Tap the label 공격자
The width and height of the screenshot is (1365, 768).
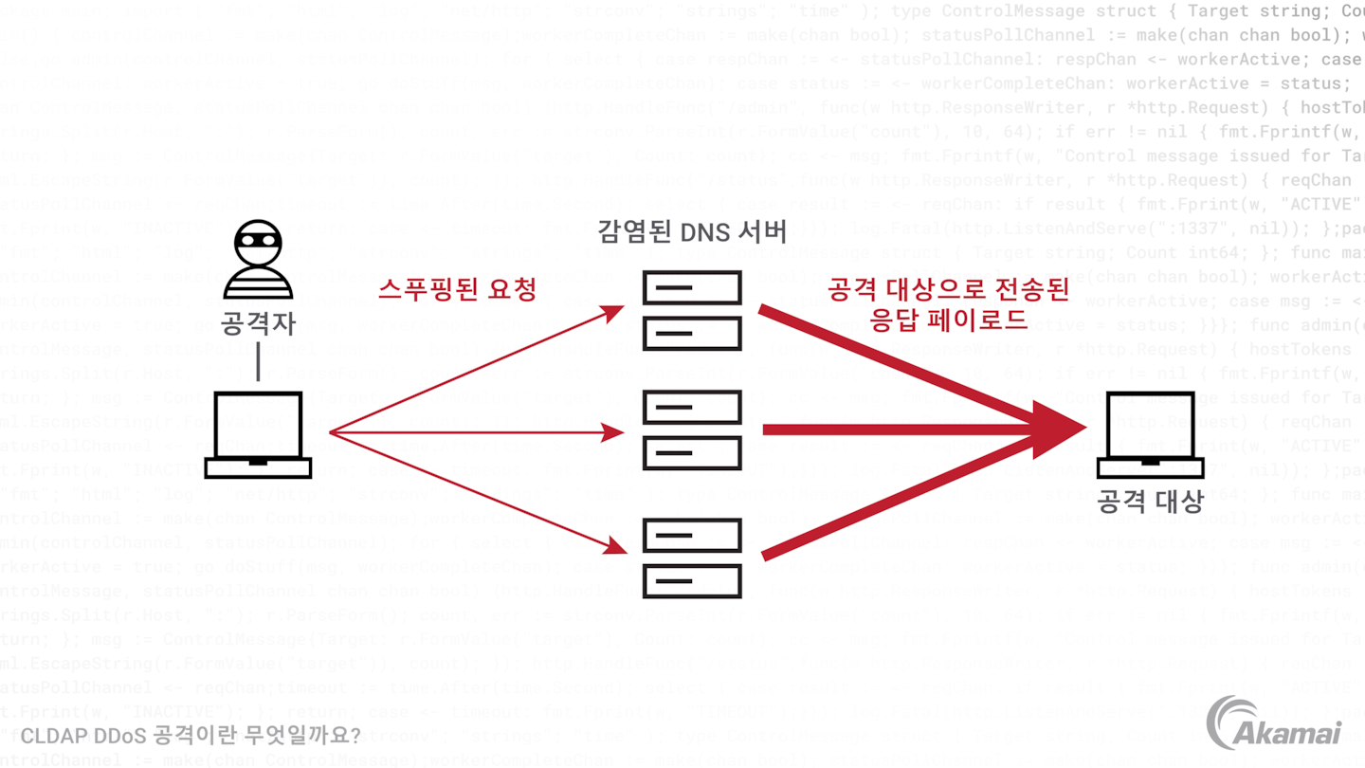coord(258,323)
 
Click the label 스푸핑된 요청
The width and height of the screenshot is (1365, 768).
coord(458,289)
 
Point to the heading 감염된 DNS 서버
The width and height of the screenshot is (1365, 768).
coord(692,231)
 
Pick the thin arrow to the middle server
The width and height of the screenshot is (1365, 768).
coord(474,433)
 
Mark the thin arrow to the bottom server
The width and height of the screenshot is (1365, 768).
coord(474,491)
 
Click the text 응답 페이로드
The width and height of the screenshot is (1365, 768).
coord(948,320)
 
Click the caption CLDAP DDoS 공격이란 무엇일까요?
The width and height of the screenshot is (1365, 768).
coord(191,735)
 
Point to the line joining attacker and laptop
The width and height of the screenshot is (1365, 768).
coord(258,362)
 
